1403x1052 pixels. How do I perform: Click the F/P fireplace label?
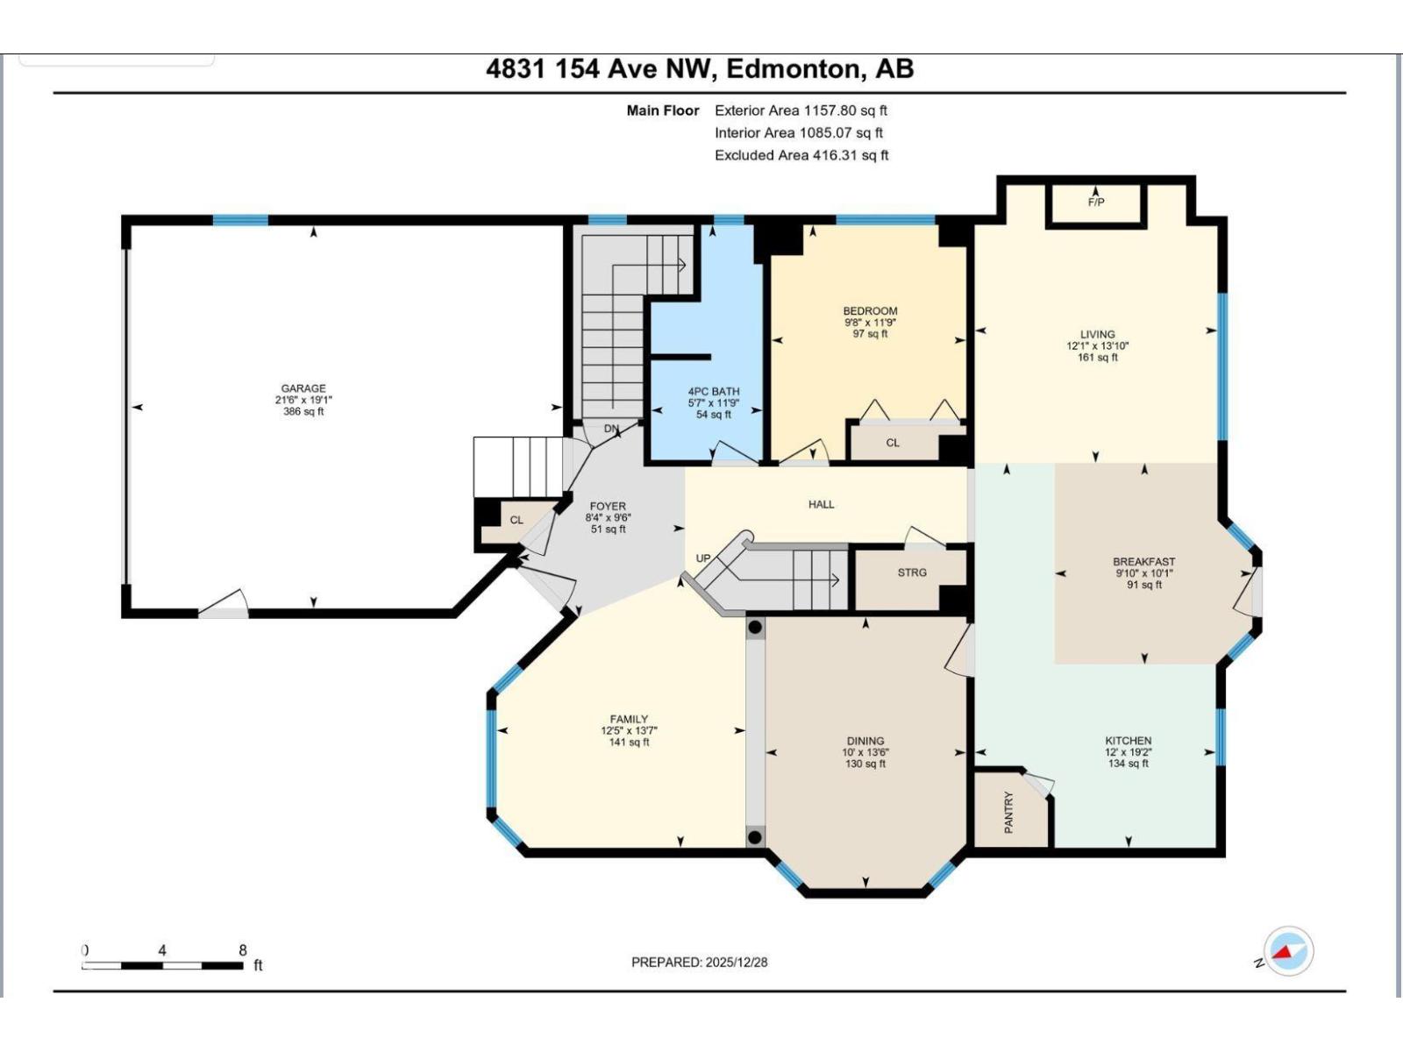point(1095,203)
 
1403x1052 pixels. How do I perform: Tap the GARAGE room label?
point(303,388)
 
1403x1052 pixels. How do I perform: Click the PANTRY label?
point(1008,812)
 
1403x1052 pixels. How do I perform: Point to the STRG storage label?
point(912,572)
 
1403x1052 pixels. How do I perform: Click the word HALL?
point(821,504)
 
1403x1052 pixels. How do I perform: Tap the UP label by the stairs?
point(703,558)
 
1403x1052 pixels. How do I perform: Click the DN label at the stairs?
point(611,429)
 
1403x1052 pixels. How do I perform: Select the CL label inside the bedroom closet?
point(892,443)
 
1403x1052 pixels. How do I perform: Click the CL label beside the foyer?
point(516,520)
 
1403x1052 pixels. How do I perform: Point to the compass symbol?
point(1288,951)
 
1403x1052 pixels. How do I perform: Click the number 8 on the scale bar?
point(243,949)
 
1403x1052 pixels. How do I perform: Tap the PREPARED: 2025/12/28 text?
point(699,962)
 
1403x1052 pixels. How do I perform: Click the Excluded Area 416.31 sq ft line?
point(801,155)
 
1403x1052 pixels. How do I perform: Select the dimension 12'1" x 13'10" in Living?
point(1097,345)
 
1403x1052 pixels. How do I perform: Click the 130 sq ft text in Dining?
point(865,764)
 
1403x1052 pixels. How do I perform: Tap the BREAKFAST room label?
point(1143,562)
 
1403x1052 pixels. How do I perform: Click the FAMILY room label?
point(629,719)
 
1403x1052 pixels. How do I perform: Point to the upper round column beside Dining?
point(755,628)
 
